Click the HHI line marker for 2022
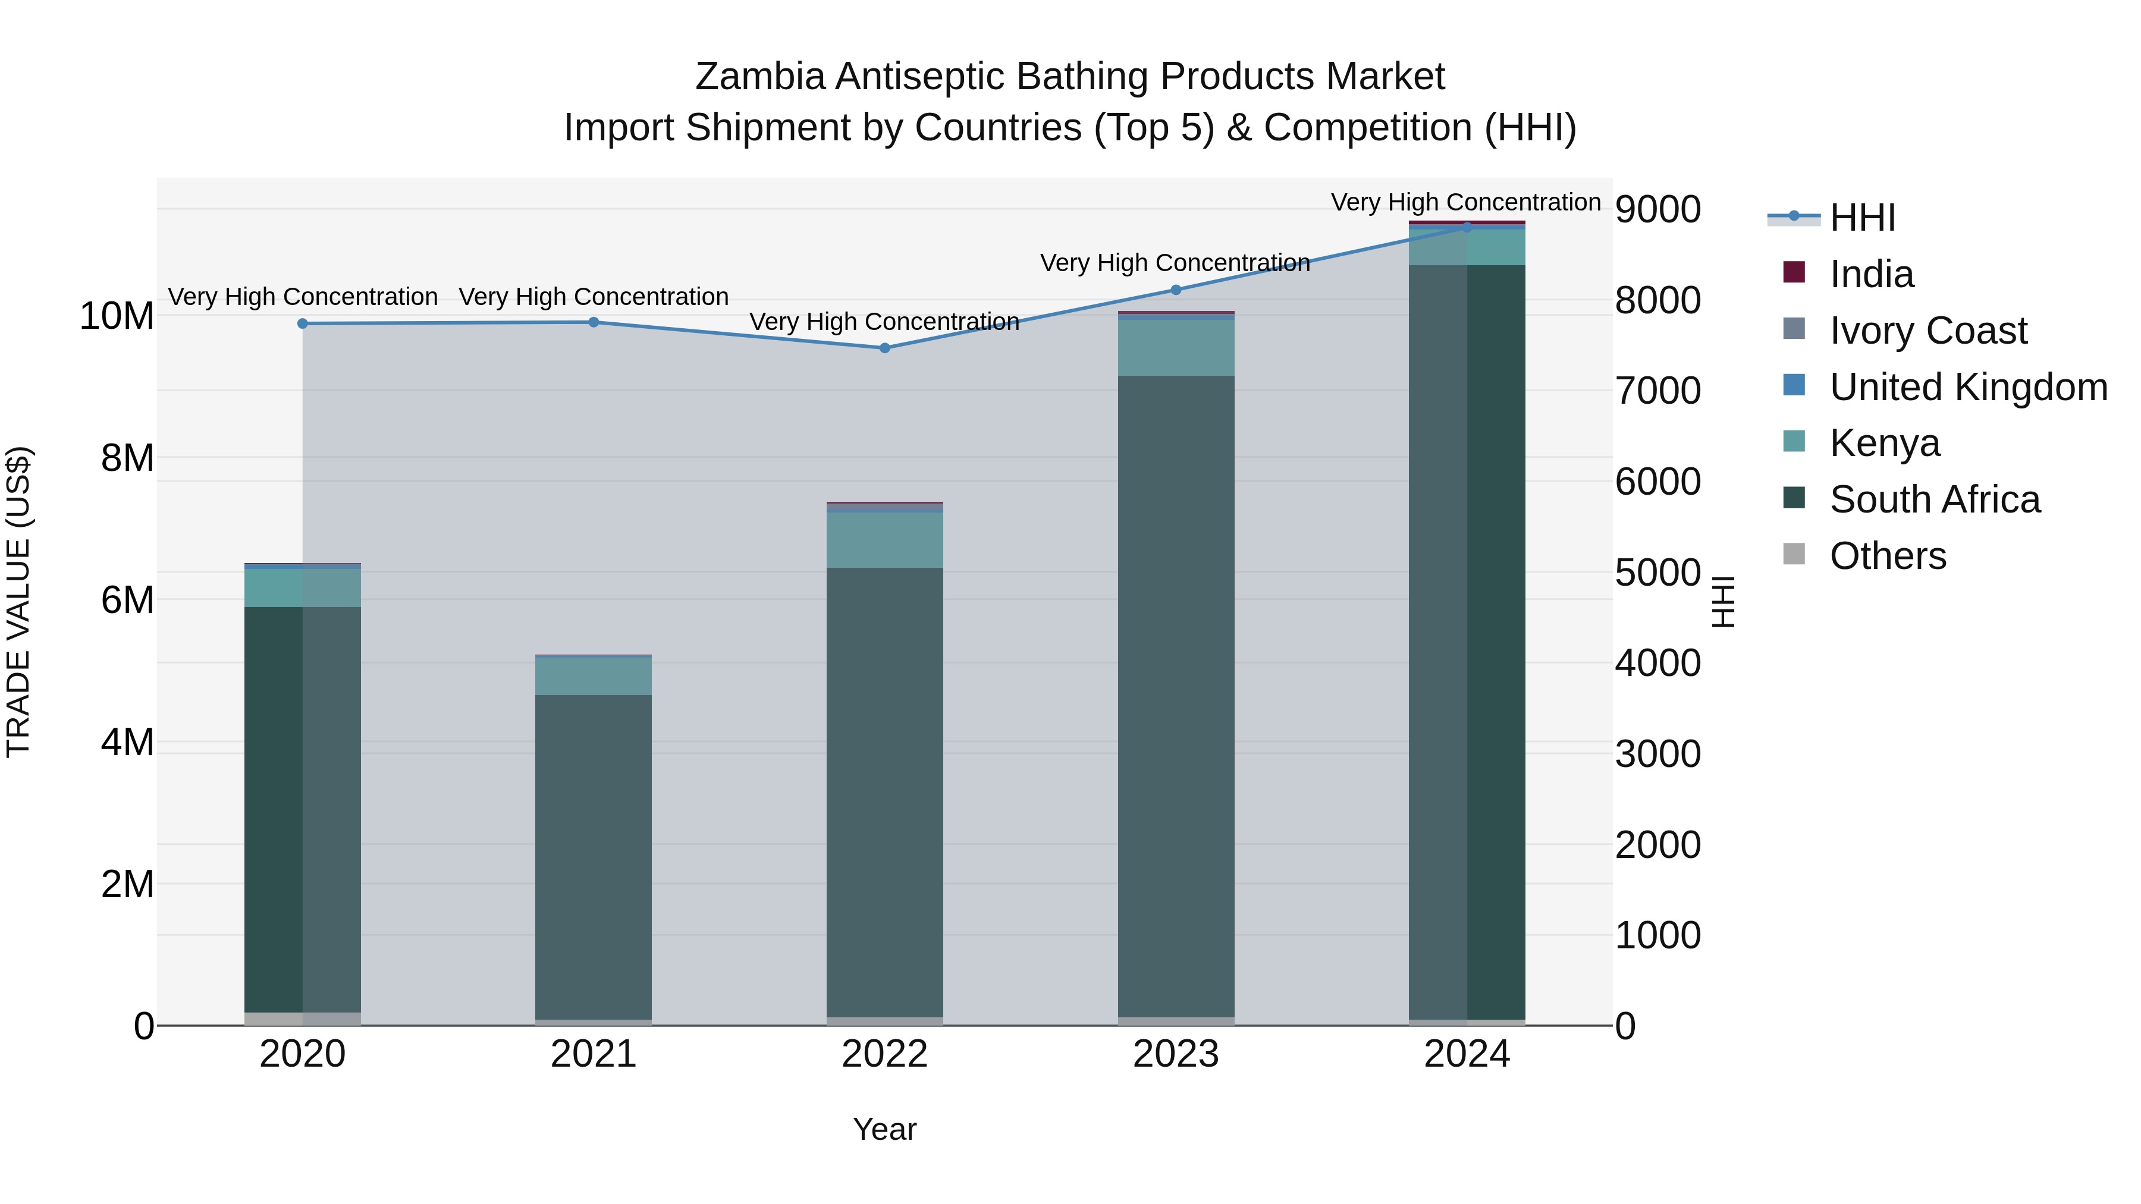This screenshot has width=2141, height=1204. pyautogui.click(x=884, y=348)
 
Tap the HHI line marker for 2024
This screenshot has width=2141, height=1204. pyautogui.click(x=1467, y=227)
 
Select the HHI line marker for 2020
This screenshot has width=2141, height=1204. pyautogui.click(x=303, y=323)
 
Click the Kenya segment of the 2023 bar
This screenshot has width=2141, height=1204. pyautogui.click(x=1175, y=347)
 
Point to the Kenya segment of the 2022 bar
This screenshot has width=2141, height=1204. pyautogui.click(x=884, y=540)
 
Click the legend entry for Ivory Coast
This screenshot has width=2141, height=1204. pyautogui.click(x=1928, y=331)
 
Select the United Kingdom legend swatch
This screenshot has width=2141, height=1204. pyautogui.click(x=1794, y=385)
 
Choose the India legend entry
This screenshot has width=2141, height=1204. pyautogui.click(x=1871, y=274)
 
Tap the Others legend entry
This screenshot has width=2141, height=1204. pyautogui.click(x=1888, y=556)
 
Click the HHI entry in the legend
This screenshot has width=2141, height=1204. pyautogui.click(x=1861, y=218)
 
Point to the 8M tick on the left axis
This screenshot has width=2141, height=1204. pyautogui.click(x=127, y=458)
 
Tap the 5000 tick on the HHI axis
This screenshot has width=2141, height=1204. pyautogui.click(x=1657, y=573)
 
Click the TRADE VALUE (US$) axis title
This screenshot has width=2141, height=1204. pyautogui.click(x=18, y=602)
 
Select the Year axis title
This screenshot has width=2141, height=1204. pyautogui.click(x=884, y=1129)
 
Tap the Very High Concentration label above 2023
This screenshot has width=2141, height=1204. pyautogui.click(x=1175, y=263)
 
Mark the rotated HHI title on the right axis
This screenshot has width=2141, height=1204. pyautogui.click(x=1724, y=602)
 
